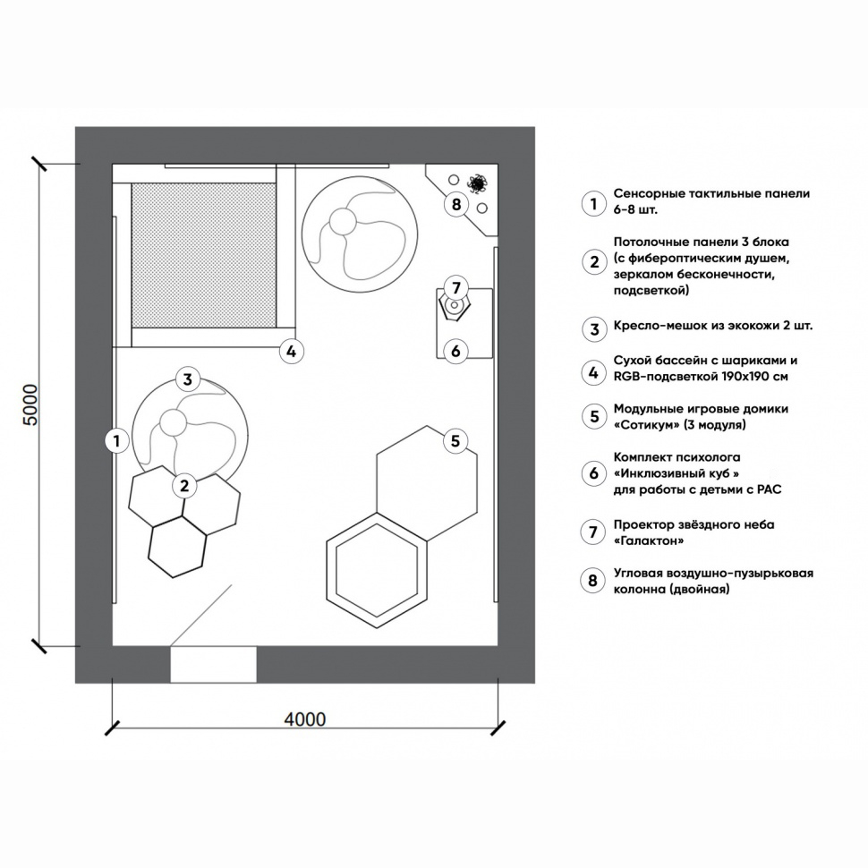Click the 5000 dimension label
point(30,405)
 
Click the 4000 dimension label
point(304,719)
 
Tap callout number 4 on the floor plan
point(290,351)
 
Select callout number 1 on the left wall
point(115,439)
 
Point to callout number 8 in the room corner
point(455,205)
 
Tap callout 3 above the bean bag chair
point(187,379)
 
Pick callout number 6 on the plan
point(455,351)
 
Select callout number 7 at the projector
point(455,288)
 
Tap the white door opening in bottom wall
point(213,664)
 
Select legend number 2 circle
point(591,262)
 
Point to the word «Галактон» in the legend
point(650,541)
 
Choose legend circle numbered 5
point(591,416)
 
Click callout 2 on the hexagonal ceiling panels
point(184,486)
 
